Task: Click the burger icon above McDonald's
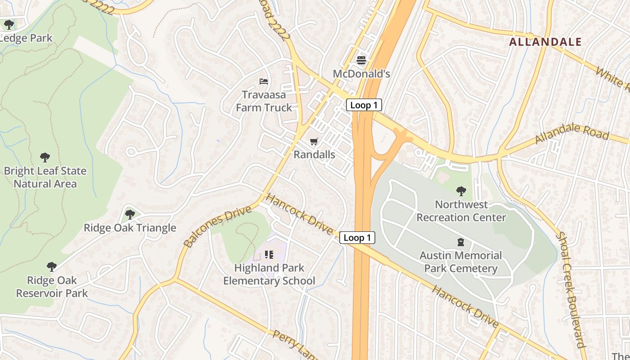[x=361, y=60]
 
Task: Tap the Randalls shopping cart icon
[x=314, y=141]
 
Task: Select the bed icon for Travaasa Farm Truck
[x=264, y=81]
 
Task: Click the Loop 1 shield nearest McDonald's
[x=364, y=105]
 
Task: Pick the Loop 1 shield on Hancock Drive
[x=357, y=238]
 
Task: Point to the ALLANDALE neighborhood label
[x=545, y=42]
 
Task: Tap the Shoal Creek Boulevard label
[x=571, y=290]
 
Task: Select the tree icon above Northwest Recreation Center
[x=461, y=191]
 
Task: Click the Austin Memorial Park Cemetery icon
[x=461, y=243]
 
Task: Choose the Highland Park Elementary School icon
[x=269, y=255]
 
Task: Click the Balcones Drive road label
[x=217, y=227]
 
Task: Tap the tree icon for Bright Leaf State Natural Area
[x=45, y=157]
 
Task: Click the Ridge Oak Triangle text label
[x=130, y=228]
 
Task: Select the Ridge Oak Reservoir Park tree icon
[x=52, y=267]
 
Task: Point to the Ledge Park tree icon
[x=9, y=25]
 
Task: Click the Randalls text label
[x=314, y=154]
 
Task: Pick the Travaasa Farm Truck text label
[x=264, y=101]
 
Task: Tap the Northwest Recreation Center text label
[x=461, y=211]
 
